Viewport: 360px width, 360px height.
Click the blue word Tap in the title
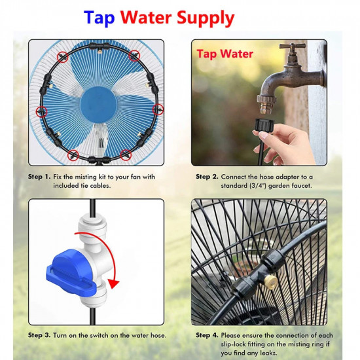click(99, 18)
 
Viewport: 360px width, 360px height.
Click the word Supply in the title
click(206, 18)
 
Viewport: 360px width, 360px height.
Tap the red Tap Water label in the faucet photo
click(225, 54)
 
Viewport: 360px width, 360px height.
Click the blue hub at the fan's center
click(99, 105)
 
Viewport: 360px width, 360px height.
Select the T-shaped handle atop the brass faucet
click(293, 46)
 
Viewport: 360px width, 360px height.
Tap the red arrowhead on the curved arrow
click(113, 283)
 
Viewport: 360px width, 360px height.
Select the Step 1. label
click(39, 177)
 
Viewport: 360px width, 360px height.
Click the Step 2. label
click(207, 177)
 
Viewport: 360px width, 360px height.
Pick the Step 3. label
click(39, 335)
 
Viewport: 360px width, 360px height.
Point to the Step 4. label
click(207, 335)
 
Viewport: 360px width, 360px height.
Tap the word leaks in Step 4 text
click(268, 353)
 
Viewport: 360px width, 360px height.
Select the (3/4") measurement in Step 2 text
click(258, 185)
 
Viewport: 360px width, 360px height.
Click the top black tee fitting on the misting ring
click(99, 46)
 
